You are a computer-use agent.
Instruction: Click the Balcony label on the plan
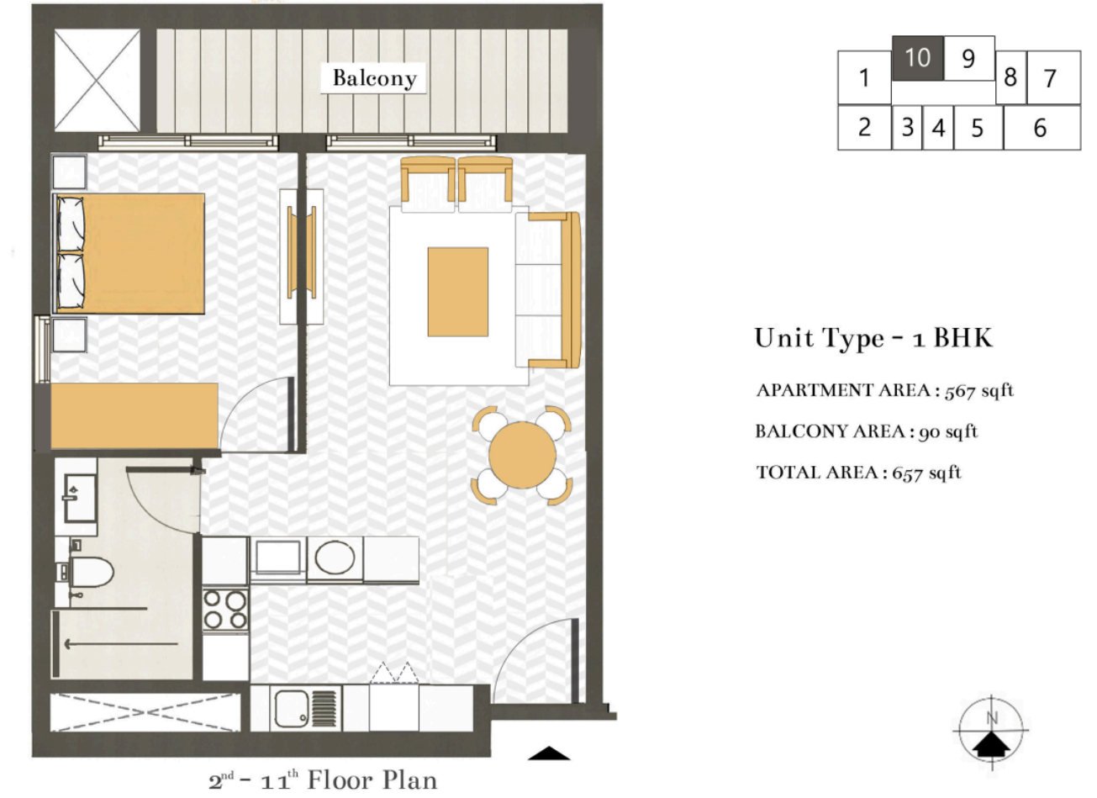(374, 78)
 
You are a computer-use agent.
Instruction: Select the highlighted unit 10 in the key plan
(917, 58)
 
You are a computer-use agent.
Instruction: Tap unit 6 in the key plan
(1041, 128)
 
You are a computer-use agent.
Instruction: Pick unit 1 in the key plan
(863, 79)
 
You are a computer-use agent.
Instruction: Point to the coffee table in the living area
(457, 292)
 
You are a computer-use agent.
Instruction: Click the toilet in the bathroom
(91, 573)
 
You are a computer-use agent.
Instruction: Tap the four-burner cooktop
(225, 610)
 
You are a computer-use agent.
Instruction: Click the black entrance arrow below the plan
(550, 753)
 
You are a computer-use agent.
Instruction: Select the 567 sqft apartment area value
(979, 390)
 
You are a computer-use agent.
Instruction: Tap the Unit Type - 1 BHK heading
(873, 338)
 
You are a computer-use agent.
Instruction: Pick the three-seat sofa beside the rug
(548, 291)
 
